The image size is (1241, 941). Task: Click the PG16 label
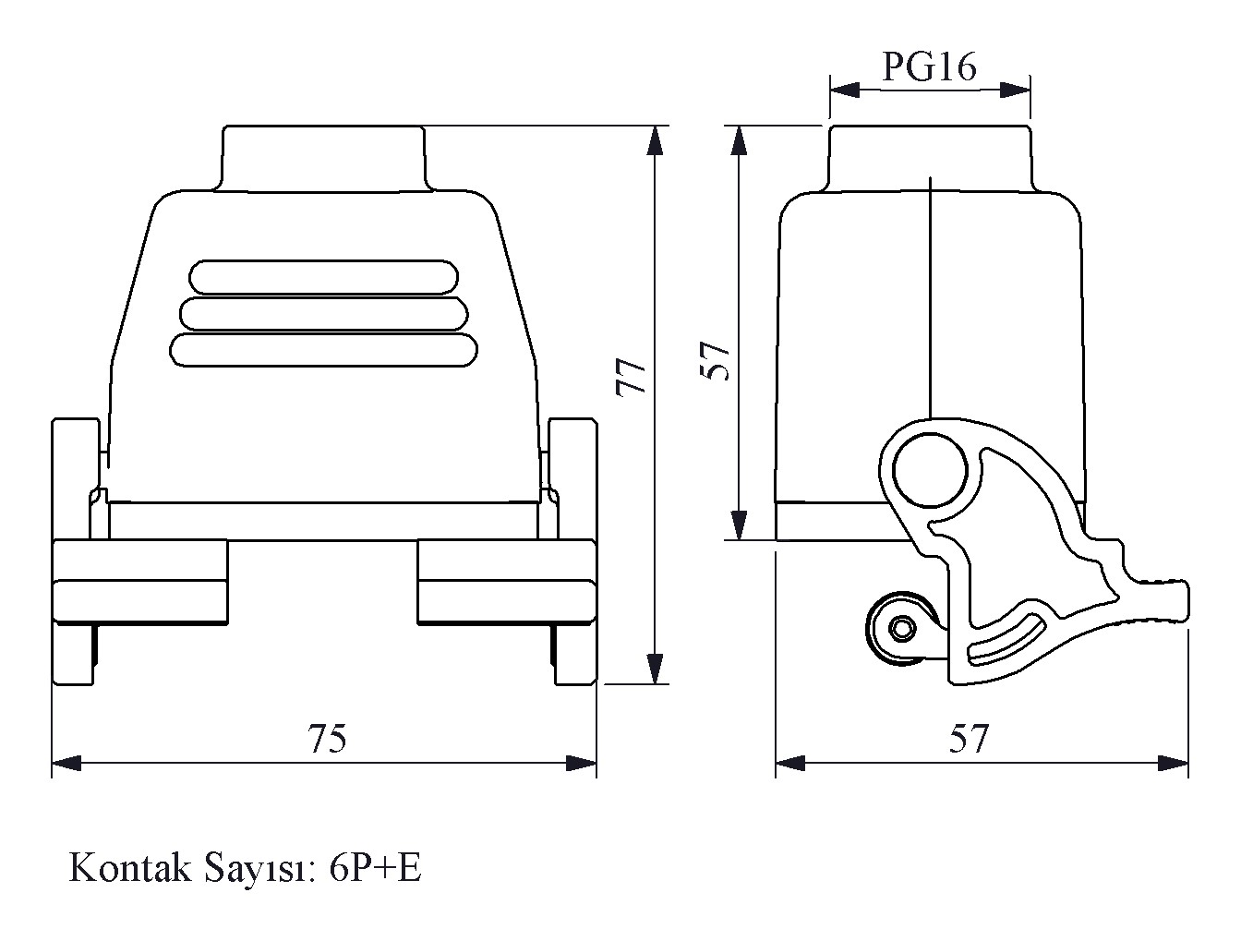tap(929, 67)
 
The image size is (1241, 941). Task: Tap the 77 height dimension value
tap(631, 377)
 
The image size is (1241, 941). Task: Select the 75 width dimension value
tap(327, 738)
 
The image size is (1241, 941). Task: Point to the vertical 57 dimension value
tap(715, 360)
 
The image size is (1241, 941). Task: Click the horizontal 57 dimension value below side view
tap(969, 738)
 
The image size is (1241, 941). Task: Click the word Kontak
tap(130, 867)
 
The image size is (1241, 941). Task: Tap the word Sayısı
tap(260, 870)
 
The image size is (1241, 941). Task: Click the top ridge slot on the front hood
tap(323, 277)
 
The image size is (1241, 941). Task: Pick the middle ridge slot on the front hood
tap(324, 314)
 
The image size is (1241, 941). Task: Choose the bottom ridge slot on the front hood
tap(323, 350)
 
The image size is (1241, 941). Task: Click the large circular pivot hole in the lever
tap(930, 470)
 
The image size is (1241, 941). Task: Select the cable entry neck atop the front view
tap(324, 158)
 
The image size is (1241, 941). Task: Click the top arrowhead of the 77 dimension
tap(655, 139)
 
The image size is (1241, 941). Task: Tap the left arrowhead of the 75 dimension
tap(66, 763)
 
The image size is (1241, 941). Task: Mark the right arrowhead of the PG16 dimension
tap(1015, 90)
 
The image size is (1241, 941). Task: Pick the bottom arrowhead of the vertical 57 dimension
tap(739, 525)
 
